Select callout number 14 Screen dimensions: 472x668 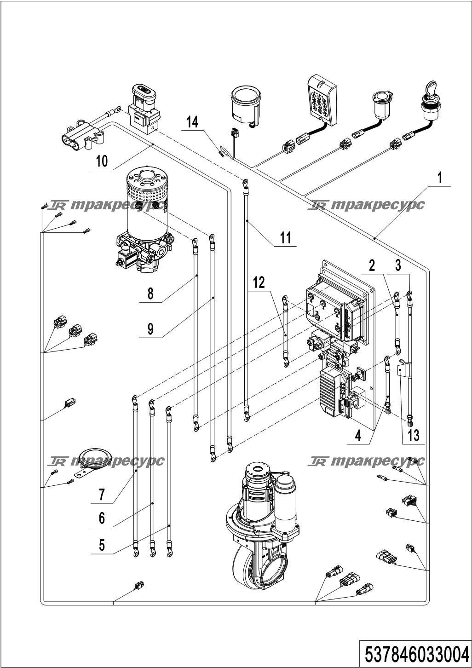(192, 122)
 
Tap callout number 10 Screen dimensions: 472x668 (102, 161)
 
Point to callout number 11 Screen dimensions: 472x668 (286, 238)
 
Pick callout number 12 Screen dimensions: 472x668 (259, 282)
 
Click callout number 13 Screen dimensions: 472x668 (414, 436)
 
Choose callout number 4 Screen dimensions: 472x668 (358, 436)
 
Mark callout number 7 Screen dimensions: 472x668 (102, 495)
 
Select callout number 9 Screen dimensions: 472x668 (150, 329)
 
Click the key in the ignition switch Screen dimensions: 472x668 (430, 89)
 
